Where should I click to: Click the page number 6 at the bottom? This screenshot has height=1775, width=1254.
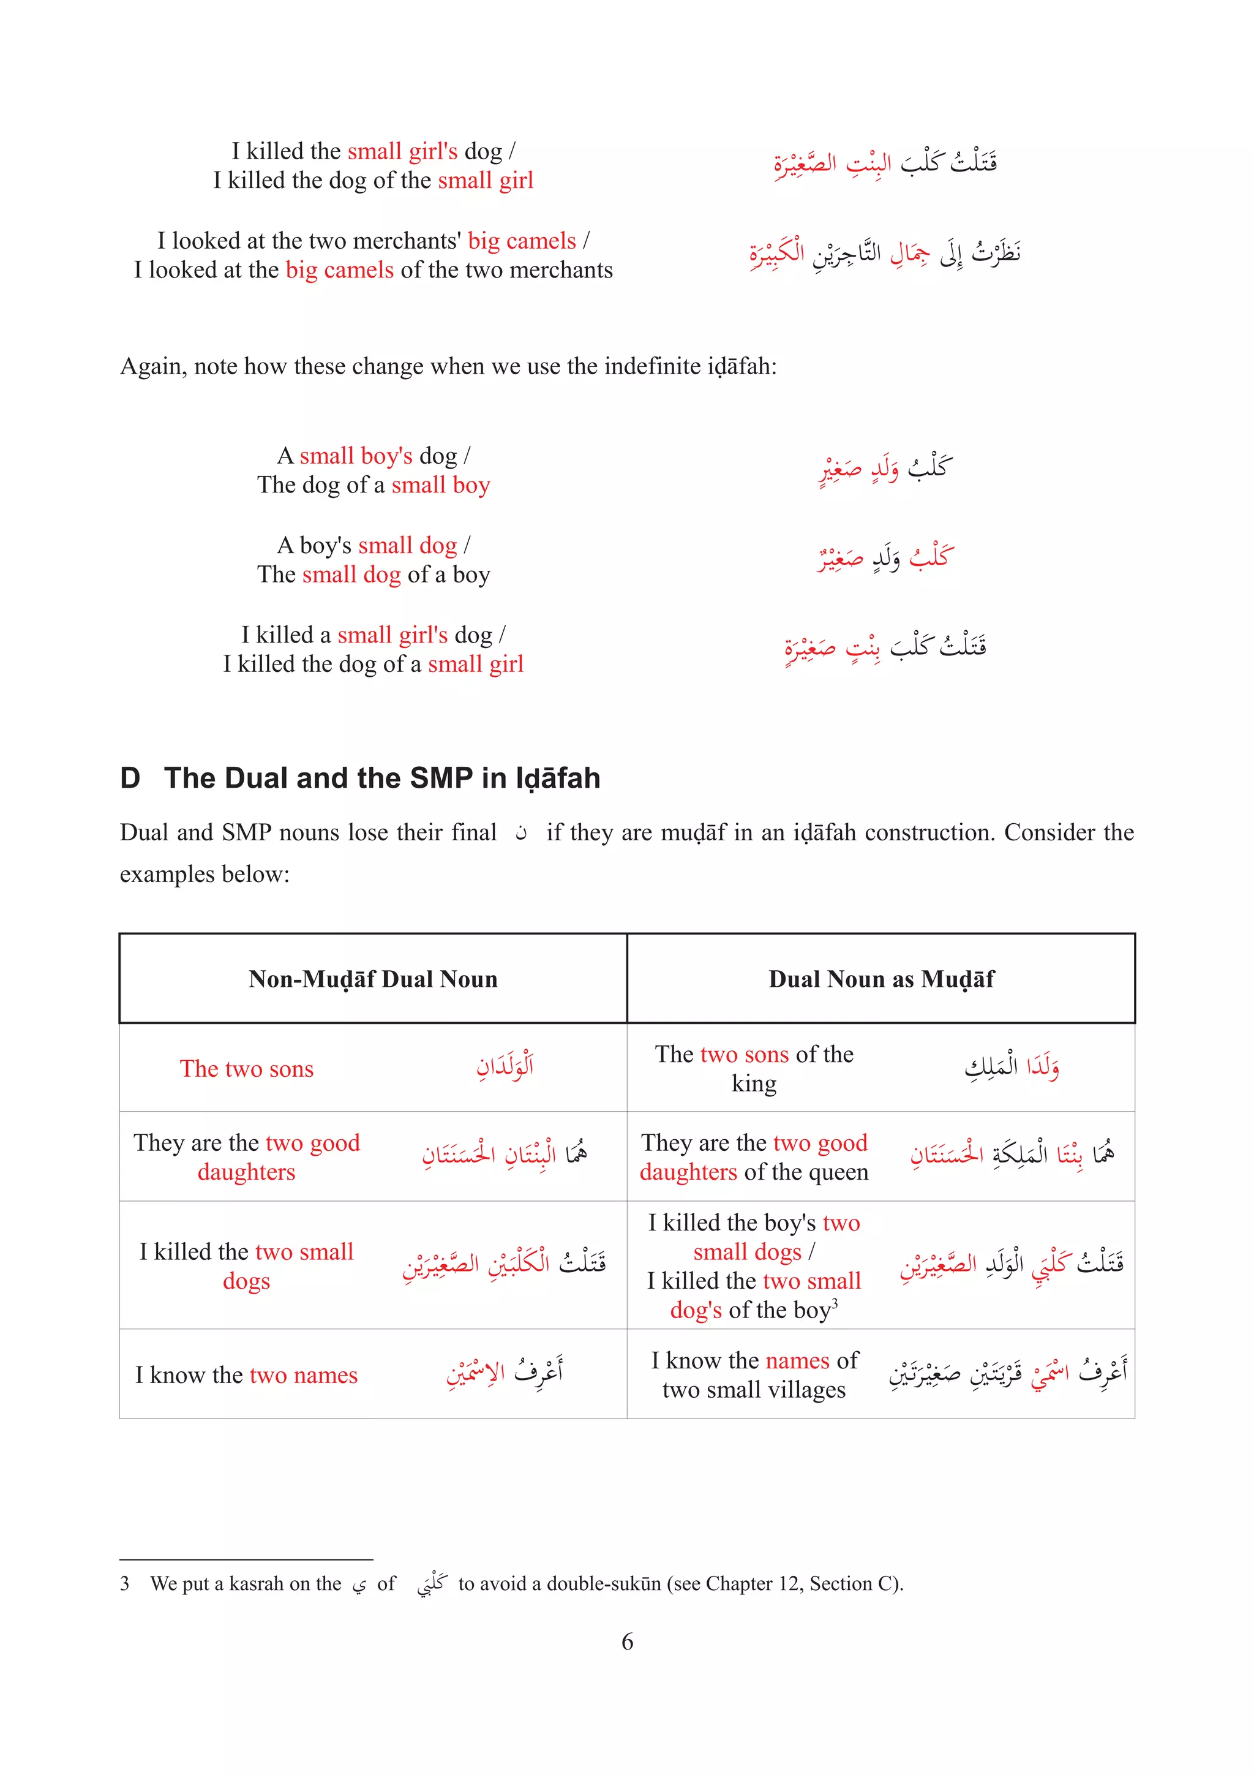point(626,1641)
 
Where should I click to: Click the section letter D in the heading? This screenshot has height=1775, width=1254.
point(130,778)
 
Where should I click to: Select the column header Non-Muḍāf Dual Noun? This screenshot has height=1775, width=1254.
point(372,979)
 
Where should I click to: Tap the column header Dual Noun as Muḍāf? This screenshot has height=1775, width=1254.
point(881,979)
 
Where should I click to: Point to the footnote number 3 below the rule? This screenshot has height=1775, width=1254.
point(124,1583)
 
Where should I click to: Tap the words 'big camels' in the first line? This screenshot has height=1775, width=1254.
point(522,241)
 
